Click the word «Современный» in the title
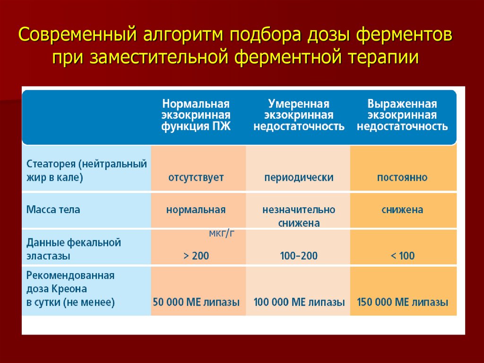coord(78,35)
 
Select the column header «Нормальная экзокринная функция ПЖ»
coord(196,115)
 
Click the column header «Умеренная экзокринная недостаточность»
coord(299,115)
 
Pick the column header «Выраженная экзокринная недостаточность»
coord(402,115)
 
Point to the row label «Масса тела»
coord(53,210)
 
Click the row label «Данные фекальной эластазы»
coord(73,249)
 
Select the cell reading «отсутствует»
coord(196,178)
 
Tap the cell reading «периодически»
coord(299,178)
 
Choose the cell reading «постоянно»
coord(402,177)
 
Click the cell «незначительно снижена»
coord(299,216)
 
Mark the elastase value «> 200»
coord(196,256)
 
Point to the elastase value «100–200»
coord(299,256)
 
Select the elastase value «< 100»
coord(403,256)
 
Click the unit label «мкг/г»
coord(222,233)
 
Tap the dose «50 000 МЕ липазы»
coord(196,302)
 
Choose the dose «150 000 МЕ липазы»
coord(403,302)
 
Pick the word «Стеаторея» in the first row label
coord(51,164)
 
